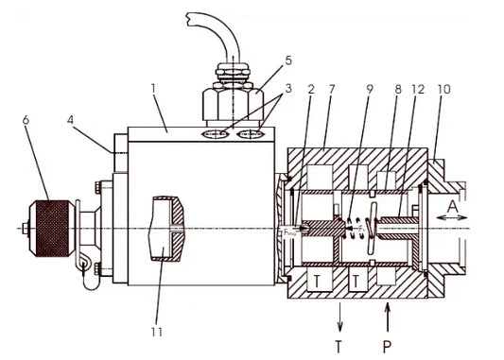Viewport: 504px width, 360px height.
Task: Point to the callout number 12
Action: point(418,90)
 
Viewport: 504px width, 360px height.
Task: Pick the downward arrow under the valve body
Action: point(339,316)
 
